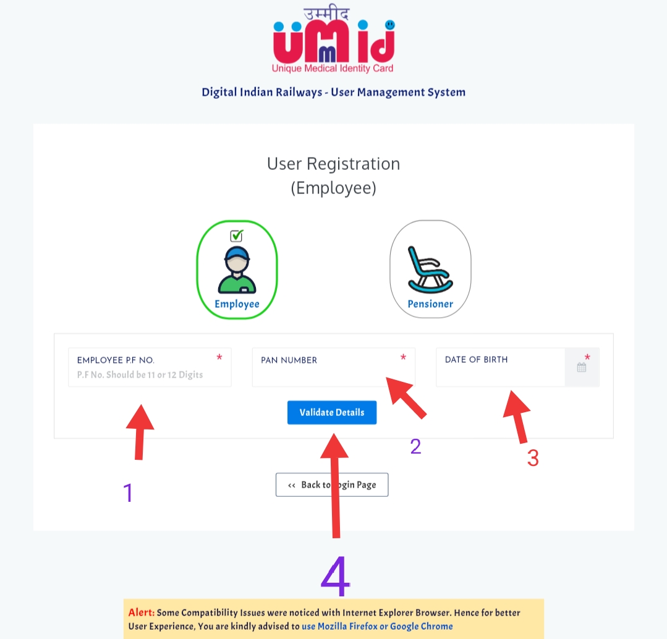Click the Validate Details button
[331, 413]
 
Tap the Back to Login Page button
[331, 485]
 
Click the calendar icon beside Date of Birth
[581, 368]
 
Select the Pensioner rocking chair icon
[430, 269]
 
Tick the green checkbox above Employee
[237, 235]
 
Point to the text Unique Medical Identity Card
[333, 68]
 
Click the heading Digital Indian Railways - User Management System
[333, 93]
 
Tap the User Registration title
[333, 164]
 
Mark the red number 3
[533, 458]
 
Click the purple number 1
[128, 493]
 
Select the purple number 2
[415, 446]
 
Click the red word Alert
[142, 613]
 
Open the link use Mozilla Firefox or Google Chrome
[377, 626]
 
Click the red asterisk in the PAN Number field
[404, 358]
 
